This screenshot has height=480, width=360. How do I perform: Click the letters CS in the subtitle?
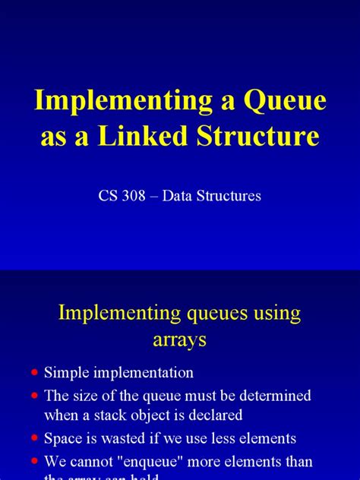pyautogui.click(x=109, y=196)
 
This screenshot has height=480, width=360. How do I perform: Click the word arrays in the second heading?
pyautogui.click(x=180, y=340)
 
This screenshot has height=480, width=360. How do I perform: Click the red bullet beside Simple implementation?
pyautogui.click(x=33, y=373)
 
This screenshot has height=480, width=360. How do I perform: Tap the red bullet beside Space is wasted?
pyautogui.click(x=33, y=439)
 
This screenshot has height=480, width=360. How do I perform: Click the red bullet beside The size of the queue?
pyautogui.click(x=33, y=396)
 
